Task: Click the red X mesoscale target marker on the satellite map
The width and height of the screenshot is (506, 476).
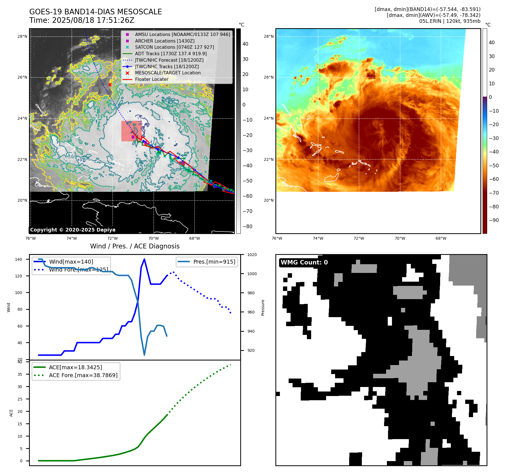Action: click(110, 84)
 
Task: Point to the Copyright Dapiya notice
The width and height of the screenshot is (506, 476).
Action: click(73, 230)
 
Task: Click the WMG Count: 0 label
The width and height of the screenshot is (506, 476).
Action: click(304, 263)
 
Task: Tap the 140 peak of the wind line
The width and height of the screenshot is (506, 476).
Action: click(144, 259)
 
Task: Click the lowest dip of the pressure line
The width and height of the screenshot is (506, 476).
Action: click(144, 355)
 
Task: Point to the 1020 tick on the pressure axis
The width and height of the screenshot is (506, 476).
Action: click(252, 255)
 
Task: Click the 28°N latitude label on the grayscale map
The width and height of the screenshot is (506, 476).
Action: click(23, 36)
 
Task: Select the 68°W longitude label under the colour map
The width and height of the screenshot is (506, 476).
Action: click(441, 238)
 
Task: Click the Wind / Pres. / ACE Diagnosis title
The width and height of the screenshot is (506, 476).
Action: click(135, 246)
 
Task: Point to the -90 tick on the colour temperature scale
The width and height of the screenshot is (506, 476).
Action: click(494, 220)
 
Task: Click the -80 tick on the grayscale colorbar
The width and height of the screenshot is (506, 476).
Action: click(248, 226)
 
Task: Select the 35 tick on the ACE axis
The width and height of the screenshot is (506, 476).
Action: click(20, 374)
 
